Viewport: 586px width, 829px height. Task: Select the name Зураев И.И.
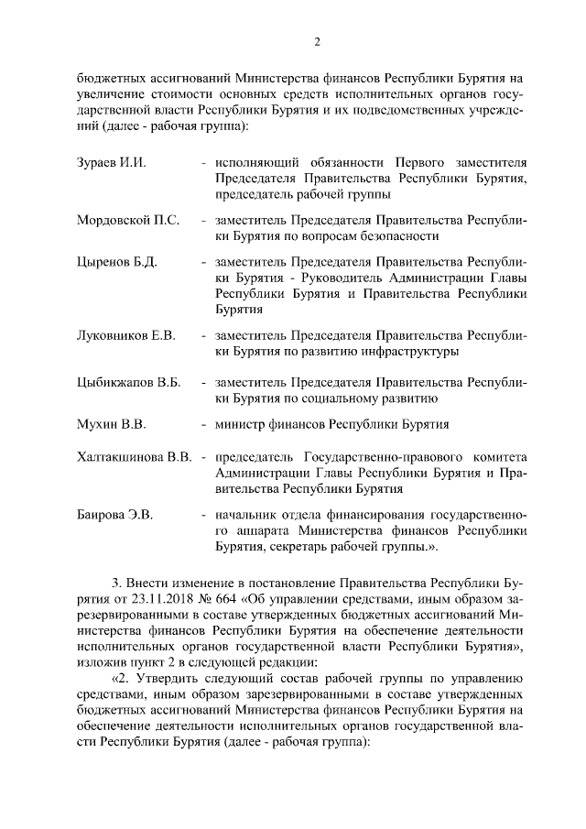tap(112, 162)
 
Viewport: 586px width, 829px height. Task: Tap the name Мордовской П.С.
tap(127, 221)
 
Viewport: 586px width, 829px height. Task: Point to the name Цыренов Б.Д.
tap(116, 262)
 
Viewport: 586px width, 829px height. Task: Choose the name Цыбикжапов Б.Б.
tap(128, 382)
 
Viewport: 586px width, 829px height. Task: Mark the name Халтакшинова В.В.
tap(134, 457)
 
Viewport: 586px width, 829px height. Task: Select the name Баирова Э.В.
tap(114, 516)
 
